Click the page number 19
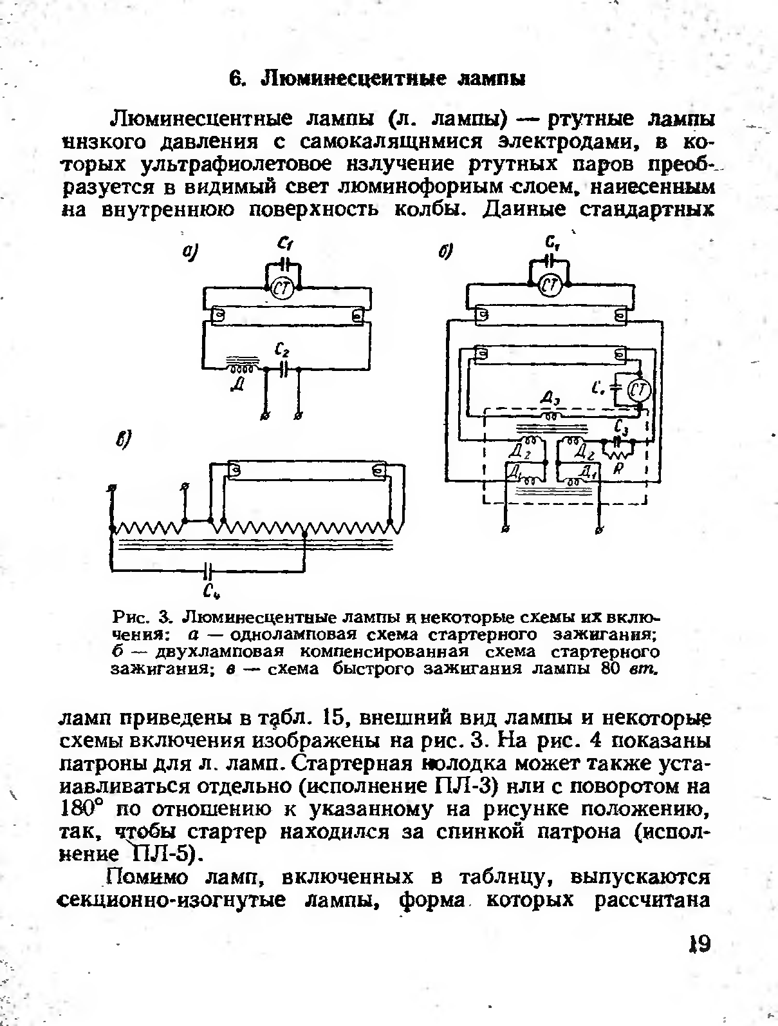[x=696, y=945]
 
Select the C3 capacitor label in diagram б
[x=620, y=427]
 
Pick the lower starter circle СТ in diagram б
[x=639, y=390]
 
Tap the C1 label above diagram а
[x=284, y=243]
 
